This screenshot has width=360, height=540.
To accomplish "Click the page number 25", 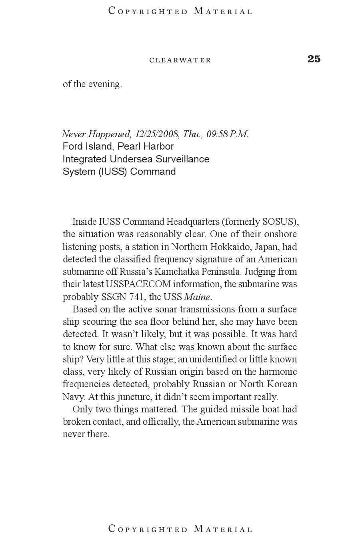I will click(x=314, y=59).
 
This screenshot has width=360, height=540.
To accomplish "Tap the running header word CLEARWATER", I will click(x=180, y=60).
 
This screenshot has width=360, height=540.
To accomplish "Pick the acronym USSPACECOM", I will click(x=138, y=284).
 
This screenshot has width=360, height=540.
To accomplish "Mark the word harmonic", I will click(x=278, y=372).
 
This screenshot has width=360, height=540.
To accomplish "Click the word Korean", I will click(x=283, y=384).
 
